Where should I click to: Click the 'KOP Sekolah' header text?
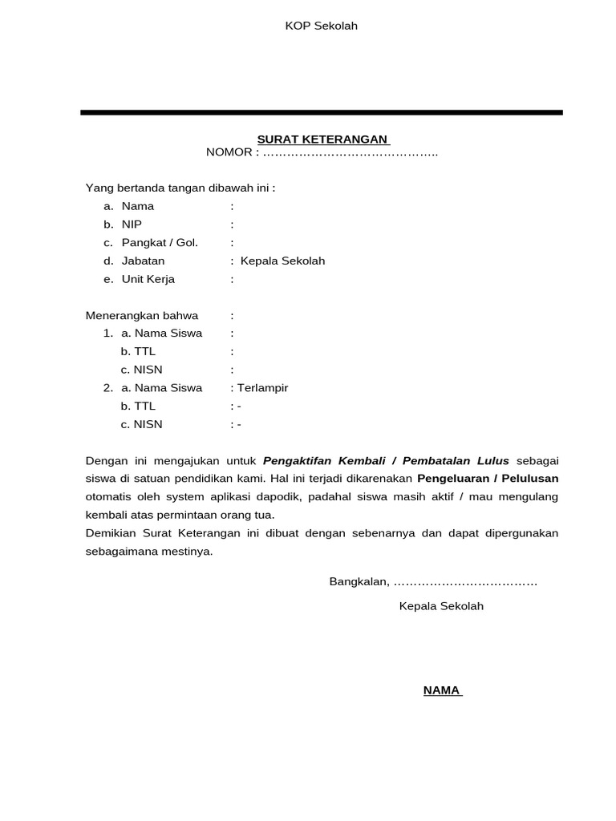click(321, 26)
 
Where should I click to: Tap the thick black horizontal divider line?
click(321, 112)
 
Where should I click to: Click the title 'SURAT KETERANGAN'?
click(322, 139)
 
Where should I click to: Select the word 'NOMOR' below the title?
click(229, 152)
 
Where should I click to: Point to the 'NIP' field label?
click(132, 224)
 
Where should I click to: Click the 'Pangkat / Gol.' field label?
click(159, 242)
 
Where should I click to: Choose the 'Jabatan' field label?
click(143, 261)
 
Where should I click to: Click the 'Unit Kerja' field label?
click(148, 279)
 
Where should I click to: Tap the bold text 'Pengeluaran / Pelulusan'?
click(487, 479)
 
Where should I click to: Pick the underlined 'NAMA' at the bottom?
click(441, 690)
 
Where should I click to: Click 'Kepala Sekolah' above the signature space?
click(441, 606)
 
